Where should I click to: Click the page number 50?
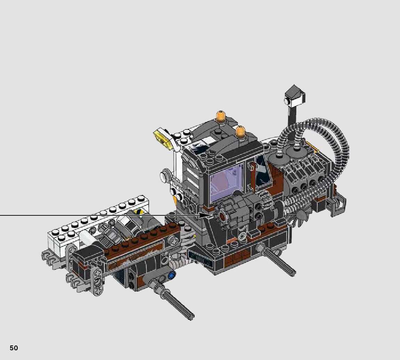point(14,348)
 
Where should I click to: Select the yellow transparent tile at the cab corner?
point(162,137)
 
